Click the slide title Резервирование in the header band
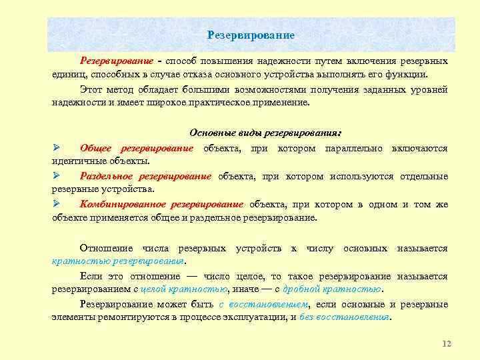tap(251, 34)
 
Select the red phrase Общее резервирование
tap(137, 147)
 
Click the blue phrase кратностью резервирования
tap(117, 261)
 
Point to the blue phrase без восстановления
tap(345, 317)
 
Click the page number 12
tap(447, 343)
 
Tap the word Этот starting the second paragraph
tap(92, 89)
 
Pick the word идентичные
tap(77, 161)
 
